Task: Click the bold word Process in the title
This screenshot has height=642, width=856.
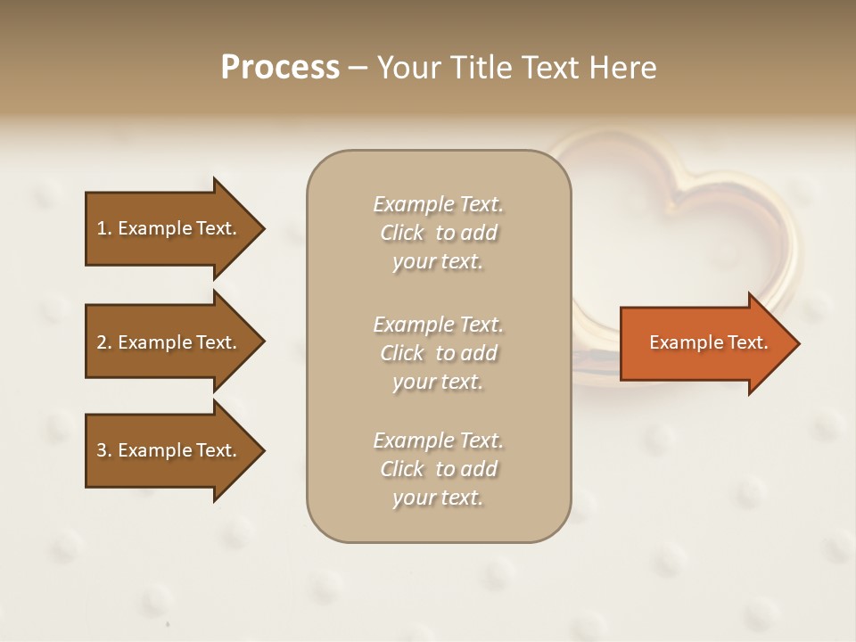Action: click(280, 68)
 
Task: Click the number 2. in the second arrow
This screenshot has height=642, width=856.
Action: click(103, 342)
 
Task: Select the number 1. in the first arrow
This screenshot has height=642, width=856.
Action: click(103, 228)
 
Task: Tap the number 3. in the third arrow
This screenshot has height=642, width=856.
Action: click(103, 450)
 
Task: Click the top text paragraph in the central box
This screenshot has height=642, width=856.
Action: click(438, 233)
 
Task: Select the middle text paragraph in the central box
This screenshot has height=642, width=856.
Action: click(438, 353)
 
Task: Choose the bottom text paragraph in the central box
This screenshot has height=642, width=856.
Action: click(438, 469)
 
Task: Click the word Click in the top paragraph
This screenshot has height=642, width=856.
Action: click(401, 233)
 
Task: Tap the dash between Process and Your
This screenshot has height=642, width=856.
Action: click(358, 69)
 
